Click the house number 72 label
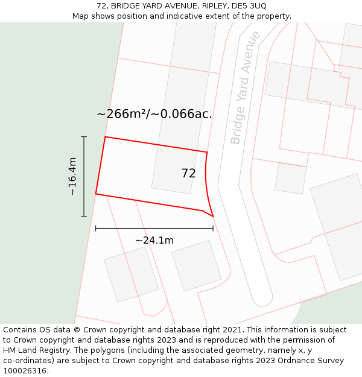[188, 173]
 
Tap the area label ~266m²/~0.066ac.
[154, 114]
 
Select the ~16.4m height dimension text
[72, 176]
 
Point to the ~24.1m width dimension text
[154, 240]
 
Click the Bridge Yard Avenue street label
[245, 87]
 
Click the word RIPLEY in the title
[215, 6]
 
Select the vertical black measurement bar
[84, 176]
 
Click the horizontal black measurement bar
[154, 229]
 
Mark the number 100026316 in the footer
[26, 371]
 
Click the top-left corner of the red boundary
[105, 137]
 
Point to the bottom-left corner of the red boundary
[96, 194]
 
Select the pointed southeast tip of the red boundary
[213, 216]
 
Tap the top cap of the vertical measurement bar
[84, 137]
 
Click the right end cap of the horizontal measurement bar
[213, 229]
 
